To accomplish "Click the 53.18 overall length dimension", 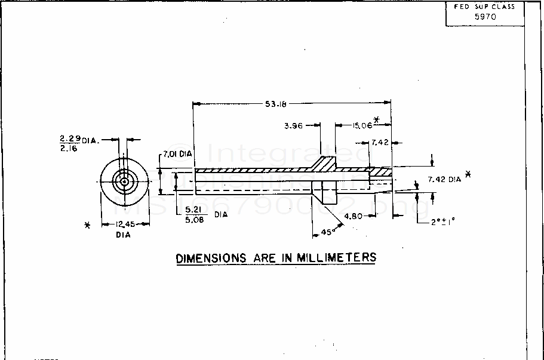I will coord(276,104).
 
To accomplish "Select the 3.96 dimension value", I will coord(294,126).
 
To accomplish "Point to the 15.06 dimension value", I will coord(361,125).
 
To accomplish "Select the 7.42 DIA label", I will coord(444,179).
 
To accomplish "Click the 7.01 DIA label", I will coord(177,154).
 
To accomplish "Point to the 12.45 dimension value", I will coord(123,224).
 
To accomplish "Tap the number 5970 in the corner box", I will coord(485,17).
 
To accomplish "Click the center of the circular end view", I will coord(124,181).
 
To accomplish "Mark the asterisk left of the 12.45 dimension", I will coord(88,225).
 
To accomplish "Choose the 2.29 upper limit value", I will coord(70,139).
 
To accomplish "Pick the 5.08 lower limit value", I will coord(195,219).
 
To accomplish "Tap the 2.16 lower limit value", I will coord(70,149).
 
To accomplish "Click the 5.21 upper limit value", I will coord(195,209).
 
